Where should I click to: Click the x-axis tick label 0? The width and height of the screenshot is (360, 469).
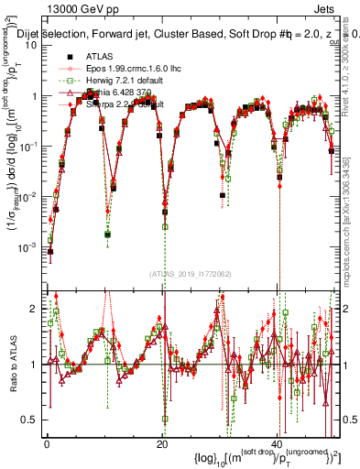tap(48, 443)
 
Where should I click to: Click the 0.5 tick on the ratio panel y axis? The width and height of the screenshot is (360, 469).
tap(31, 420)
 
